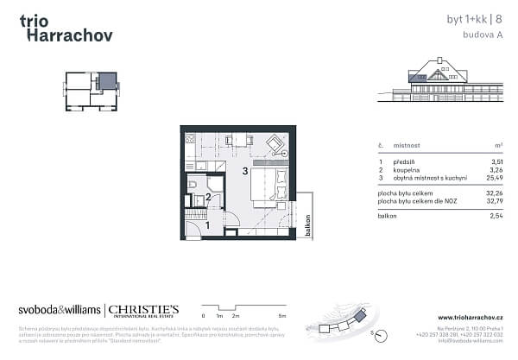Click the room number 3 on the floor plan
coord(246,171)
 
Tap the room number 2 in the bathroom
coord(208,198)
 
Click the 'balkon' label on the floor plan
coord(308,225)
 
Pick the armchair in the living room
coord(275,143)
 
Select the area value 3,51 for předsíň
coord(496,161)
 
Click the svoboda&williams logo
coord(59,309)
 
